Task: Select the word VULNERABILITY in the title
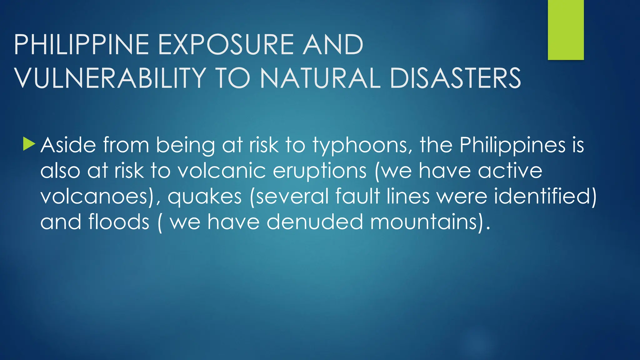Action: click(110, 78)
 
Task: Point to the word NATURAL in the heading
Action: click(320, 78)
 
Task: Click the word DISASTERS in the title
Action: click(455, 78)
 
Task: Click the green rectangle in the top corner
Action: click(566, 30)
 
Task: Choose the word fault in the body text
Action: click(357, 196)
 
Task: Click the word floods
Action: click(119, 222)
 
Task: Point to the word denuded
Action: click(315, 222)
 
